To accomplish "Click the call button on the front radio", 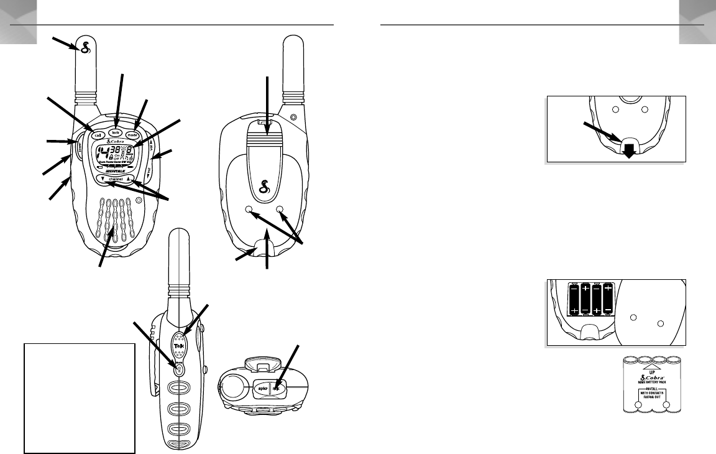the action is [98, 135].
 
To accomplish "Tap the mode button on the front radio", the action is [132, 135].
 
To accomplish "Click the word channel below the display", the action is [116, 179].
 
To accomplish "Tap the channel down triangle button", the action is [101, 179].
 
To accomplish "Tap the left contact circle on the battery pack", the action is [637, 405].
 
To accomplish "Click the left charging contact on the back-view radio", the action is [250, 210].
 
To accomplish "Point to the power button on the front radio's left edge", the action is [80, 147].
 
